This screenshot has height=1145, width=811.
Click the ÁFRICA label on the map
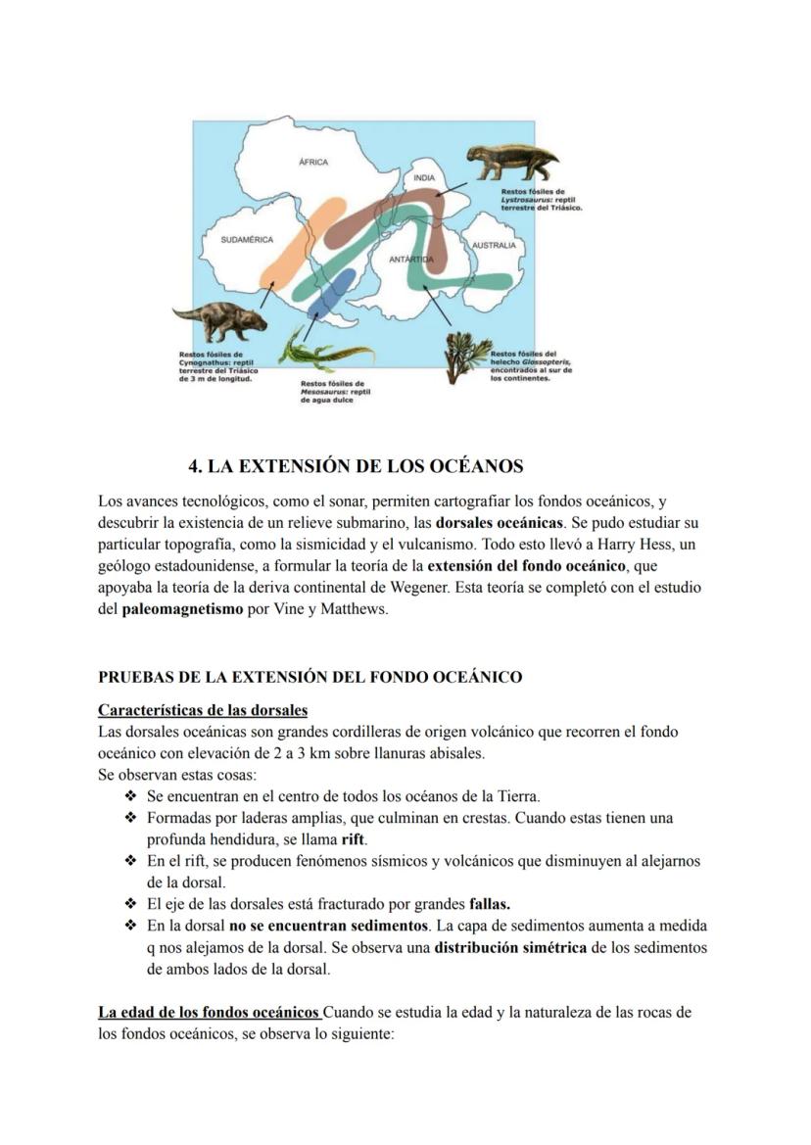click(x=312, y=162)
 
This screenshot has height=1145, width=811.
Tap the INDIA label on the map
click(x=423, y=178)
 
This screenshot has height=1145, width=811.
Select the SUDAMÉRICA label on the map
click(x=247, y=239)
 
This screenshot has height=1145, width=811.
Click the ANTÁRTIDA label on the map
click(x=410, y=260)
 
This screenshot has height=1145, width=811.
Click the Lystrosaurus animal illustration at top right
click(x=511, y=162)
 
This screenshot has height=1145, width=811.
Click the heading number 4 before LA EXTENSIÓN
click(x=194, y=465)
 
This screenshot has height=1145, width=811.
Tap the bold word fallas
click(x=490, y=903)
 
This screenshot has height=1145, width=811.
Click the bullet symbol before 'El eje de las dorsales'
click(x=130, y=903)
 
